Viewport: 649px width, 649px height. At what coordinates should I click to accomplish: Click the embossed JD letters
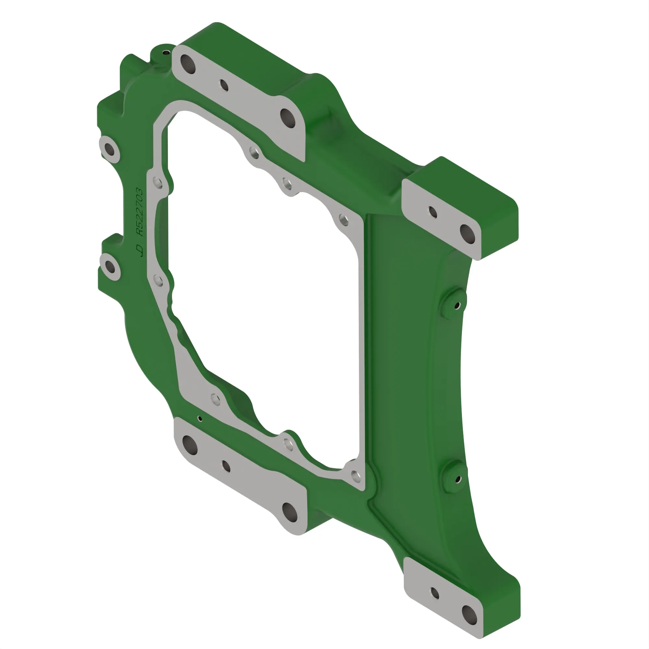click(139, 250)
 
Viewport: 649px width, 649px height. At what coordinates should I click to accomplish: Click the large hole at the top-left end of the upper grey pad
click(188, 64)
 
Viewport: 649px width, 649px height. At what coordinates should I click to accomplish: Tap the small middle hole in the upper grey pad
click(224, 85)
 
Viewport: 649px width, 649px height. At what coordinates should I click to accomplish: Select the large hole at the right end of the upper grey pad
click(288, 118)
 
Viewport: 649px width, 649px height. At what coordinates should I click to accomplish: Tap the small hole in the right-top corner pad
click(433, 212)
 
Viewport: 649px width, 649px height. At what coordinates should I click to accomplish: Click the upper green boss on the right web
click(453, 302)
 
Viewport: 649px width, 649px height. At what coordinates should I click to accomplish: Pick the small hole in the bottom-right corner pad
click(435, 593)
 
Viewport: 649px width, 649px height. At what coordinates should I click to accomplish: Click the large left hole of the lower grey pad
click(190, 445)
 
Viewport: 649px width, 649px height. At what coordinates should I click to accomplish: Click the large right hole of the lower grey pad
click(289, 512)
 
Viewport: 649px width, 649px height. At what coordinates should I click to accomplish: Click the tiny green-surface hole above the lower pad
click(200, 419)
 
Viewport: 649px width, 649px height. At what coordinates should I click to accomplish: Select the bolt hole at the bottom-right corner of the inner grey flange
click(355, 475)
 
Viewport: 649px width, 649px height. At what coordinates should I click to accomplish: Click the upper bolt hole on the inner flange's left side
click(158, 183)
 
